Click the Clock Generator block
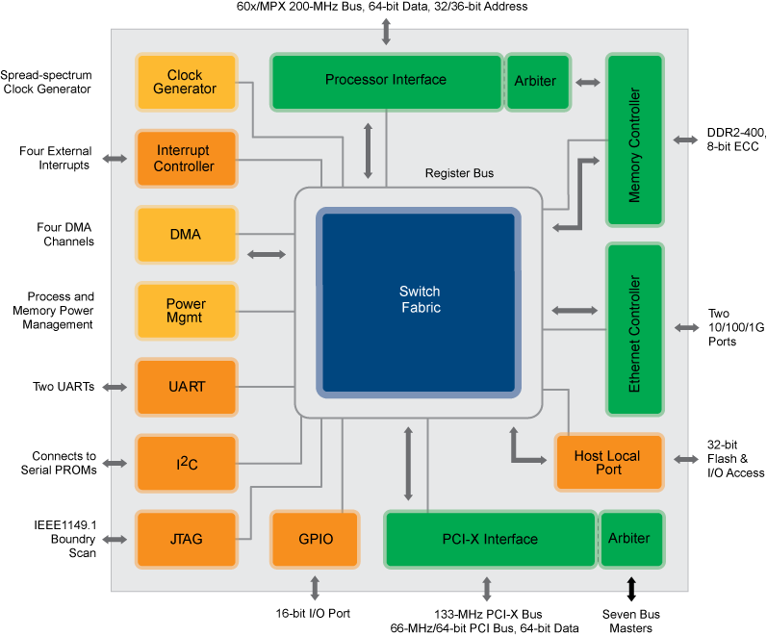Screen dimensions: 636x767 pos(186,82)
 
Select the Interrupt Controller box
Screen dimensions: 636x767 pos(186,159)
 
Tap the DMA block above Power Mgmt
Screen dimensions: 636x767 pos(186,234)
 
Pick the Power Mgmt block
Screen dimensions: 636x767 pos(186,311)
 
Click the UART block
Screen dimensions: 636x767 pos(186,387)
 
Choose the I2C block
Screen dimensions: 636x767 pos(186,464)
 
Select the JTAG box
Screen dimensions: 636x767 pos(186,539)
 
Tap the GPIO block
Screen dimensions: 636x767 pos(316,539)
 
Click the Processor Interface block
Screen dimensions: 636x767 pos(386,81)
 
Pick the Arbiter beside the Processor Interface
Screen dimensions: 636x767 pos(535,82)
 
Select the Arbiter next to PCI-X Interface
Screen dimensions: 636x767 pos(629,539)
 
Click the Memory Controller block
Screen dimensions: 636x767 pos(634,140)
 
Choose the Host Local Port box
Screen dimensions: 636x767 pos(608,463)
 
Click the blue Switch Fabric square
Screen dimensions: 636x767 pos(420,300)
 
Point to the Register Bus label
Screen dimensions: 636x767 pos(459,173)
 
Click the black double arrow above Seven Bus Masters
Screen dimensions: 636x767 pos(631,588)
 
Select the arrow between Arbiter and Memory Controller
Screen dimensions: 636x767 pos(587,83)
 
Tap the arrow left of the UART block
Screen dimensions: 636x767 pos(115,387)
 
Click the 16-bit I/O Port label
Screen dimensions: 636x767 pos(313,613)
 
